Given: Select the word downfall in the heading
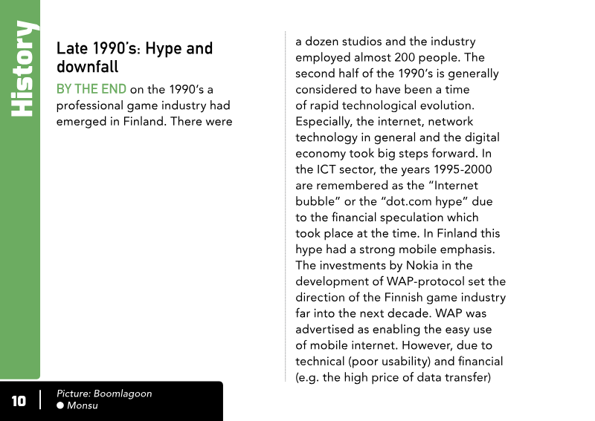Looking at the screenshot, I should (88, 67).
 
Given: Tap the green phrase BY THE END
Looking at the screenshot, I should (91, 89).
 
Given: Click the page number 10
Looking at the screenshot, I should (19, 402).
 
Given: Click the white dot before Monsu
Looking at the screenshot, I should (60, 405).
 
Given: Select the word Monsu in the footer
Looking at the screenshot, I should (83, 405).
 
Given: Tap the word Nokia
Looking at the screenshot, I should (423, 265).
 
